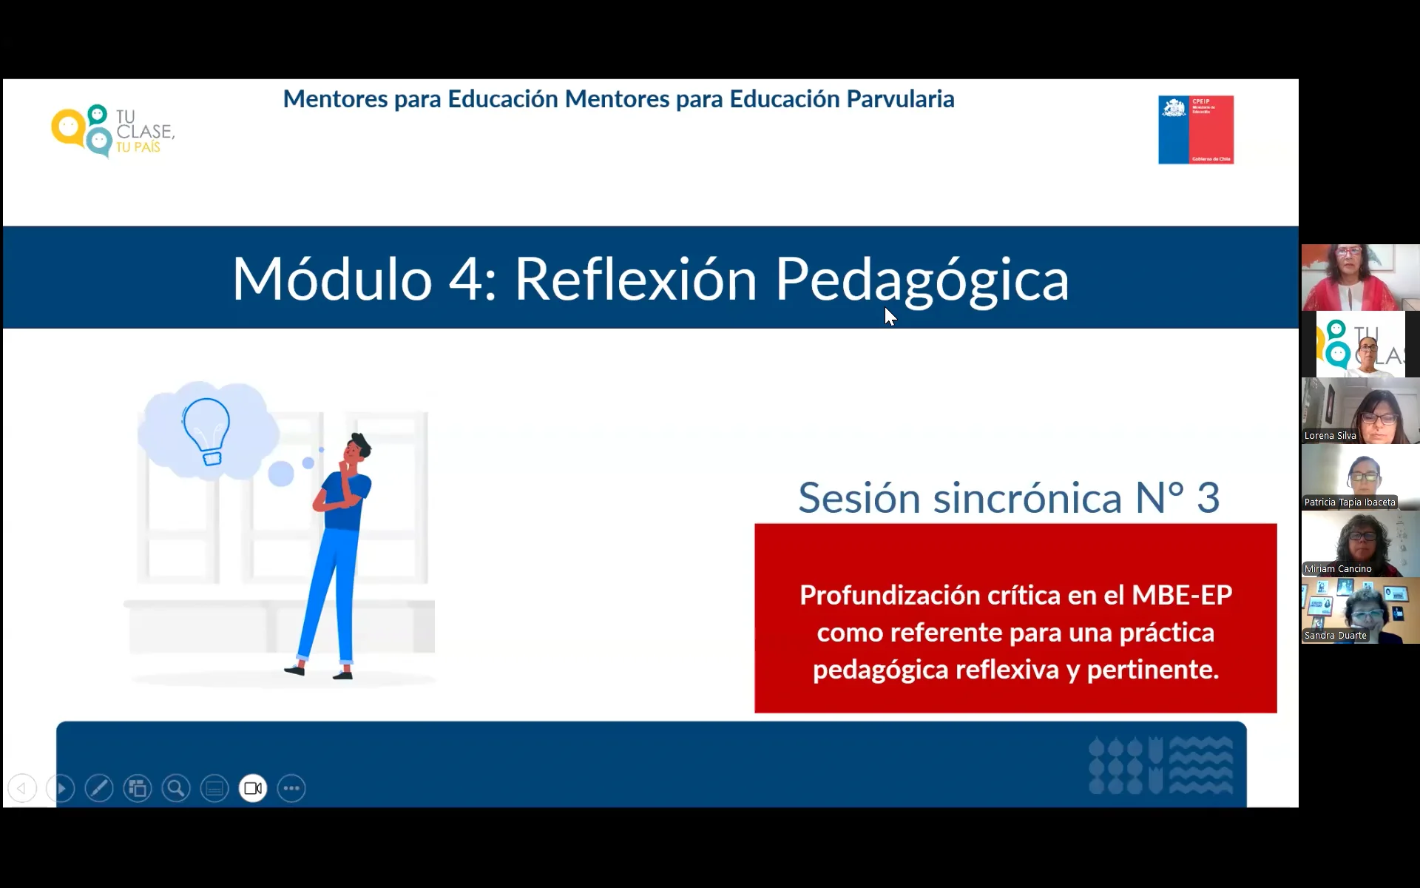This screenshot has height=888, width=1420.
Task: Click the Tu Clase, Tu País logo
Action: [x=112, y=131]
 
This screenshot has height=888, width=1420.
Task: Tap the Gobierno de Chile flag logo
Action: [x=1195, y=129]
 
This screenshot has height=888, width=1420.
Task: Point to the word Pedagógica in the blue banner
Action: [x=922, y=279]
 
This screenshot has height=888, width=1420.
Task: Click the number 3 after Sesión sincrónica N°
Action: [x=1208, y=497]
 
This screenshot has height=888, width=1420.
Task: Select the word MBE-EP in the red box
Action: [x=1181, y=595]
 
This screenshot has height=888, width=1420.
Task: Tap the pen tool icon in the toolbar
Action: [x=99, y=788]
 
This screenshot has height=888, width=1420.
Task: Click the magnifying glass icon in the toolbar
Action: [x=176, y=788]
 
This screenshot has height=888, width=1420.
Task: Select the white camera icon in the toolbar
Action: [x=253, y=788]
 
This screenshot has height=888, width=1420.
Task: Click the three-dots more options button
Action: [x=291, y=788]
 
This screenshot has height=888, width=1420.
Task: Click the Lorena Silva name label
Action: [x=1330, y=436]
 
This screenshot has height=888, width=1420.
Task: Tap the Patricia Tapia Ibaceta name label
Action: [x=1350, y=502]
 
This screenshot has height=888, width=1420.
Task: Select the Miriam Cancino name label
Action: [x=1338, y=569]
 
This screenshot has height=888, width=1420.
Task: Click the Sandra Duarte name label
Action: [x=1335, y=636]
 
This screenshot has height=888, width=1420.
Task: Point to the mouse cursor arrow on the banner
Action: [x=890, y=316]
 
